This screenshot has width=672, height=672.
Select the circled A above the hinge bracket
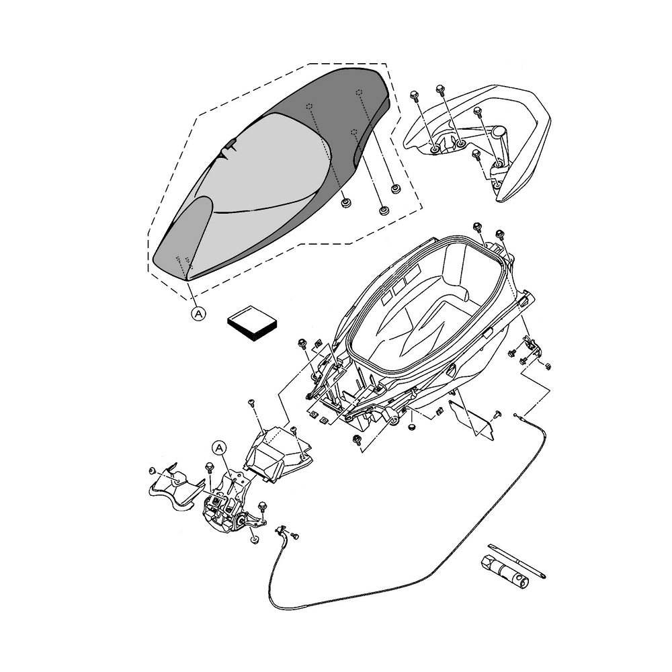(x=219, y=447)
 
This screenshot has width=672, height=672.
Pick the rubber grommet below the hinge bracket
(x=255, y=540)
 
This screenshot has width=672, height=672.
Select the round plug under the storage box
(x=412, y=426)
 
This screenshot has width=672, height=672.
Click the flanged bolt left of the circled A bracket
(x=208, y=466)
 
